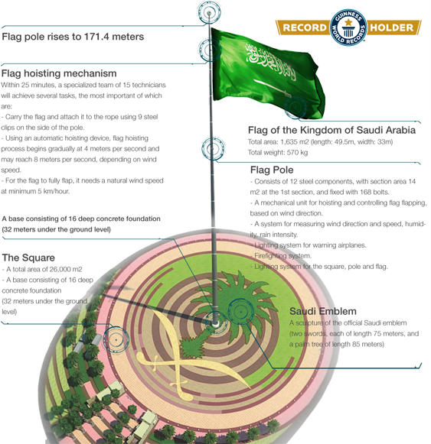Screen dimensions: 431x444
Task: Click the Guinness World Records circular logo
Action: [x=348, y=28]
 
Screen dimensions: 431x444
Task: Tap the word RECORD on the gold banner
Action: [x=305, y=28]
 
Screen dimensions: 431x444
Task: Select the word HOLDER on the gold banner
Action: [x=391, y=28]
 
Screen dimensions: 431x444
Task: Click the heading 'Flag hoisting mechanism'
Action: [x=59, y=73]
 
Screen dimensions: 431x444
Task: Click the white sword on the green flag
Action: [x=272, y=88]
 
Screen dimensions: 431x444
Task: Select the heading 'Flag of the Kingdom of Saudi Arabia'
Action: [x=331, y=130]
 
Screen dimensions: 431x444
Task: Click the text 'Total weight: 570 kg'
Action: [x=278, y=153]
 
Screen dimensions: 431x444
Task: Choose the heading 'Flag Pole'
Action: [x=272, y=170]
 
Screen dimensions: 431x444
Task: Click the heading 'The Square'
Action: [x=28, y=258]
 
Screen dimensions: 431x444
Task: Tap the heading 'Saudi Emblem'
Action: [x=323, y=311]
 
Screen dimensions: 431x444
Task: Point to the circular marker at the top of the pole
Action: [x=209, y=13]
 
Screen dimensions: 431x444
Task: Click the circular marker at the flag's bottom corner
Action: [x=295, y=108]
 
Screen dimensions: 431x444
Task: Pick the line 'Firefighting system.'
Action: [x=282, y=256]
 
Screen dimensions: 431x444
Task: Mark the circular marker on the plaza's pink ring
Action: [x=116, y=339]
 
